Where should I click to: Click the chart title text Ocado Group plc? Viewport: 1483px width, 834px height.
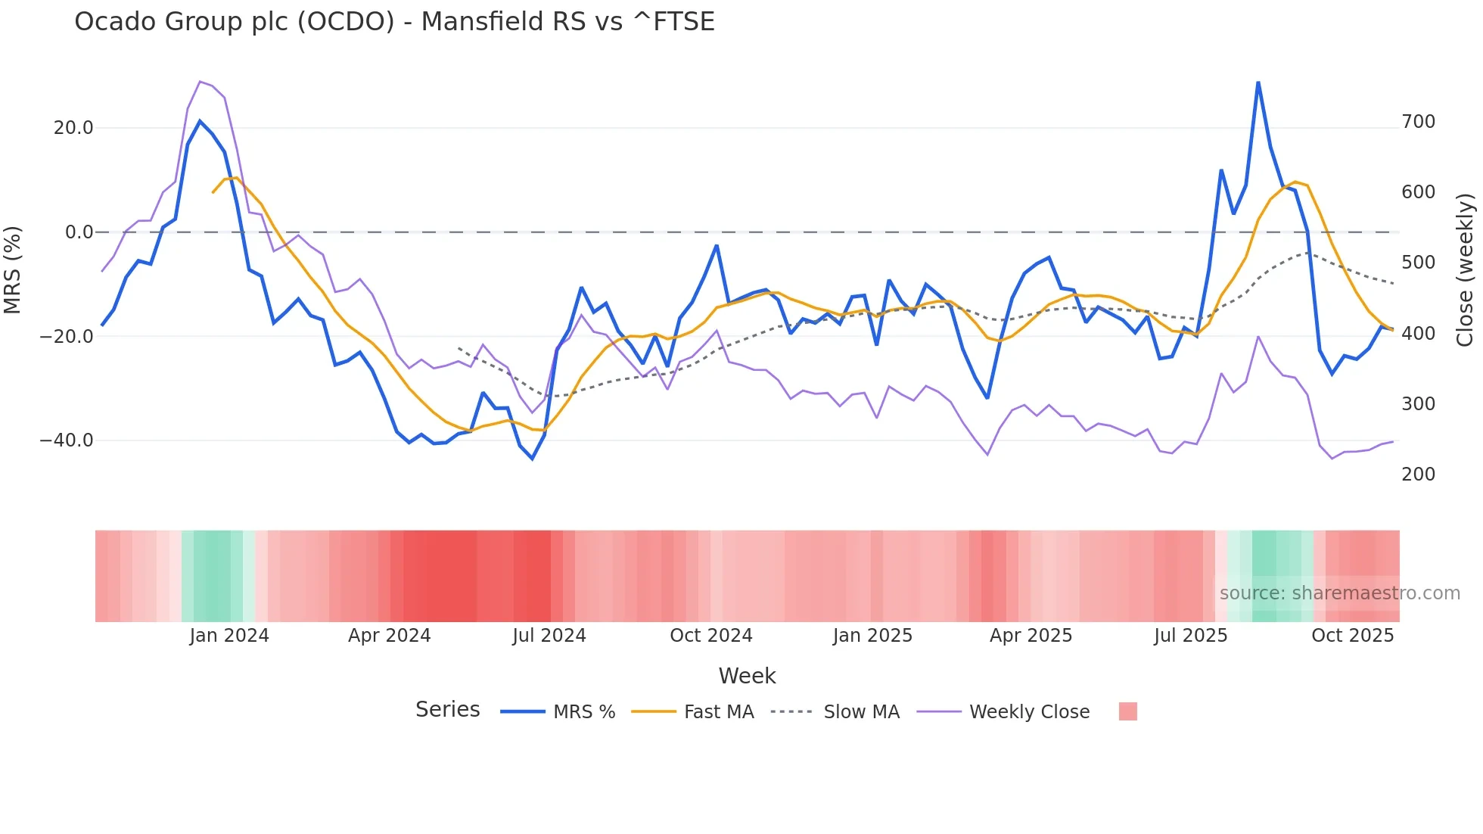[x=393, y=22]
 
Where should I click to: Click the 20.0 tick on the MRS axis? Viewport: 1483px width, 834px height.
[x=73, y=128]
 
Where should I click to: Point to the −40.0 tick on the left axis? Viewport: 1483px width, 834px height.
[x=67, y=440]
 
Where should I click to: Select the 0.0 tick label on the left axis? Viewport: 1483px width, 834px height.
[x=79, y=232]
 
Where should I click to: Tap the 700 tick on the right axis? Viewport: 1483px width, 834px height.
[x=1418, y=122]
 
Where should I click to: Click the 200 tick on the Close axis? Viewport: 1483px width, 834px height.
[x=1418, y=475]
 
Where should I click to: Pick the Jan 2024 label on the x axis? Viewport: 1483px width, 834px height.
[x=229, y=636]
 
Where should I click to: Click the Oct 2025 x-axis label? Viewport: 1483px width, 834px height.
[x=1352, y=636]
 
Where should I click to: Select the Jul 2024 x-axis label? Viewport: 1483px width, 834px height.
[x=549, y=636]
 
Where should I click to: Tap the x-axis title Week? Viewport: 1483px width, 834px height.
[x=747, y=676]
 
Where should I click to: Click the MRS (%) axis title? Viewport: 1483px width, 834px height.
[x=13, y=270]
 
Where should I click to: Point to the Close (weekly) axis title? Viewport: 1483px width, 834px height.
[x=1466, y=270]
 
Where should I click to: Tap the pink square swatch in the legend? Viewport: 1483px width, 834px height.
[x=1127, y=712]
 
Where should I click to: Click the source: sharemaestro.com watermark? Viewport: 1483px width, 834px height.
[x=1339, y=593]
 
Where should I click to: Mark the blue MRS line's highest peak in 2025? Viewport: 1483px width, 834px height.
[x=1258, y=82]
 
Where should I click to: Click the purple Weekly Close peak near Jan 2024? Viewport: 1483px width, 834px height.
[x=200, y=82]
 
